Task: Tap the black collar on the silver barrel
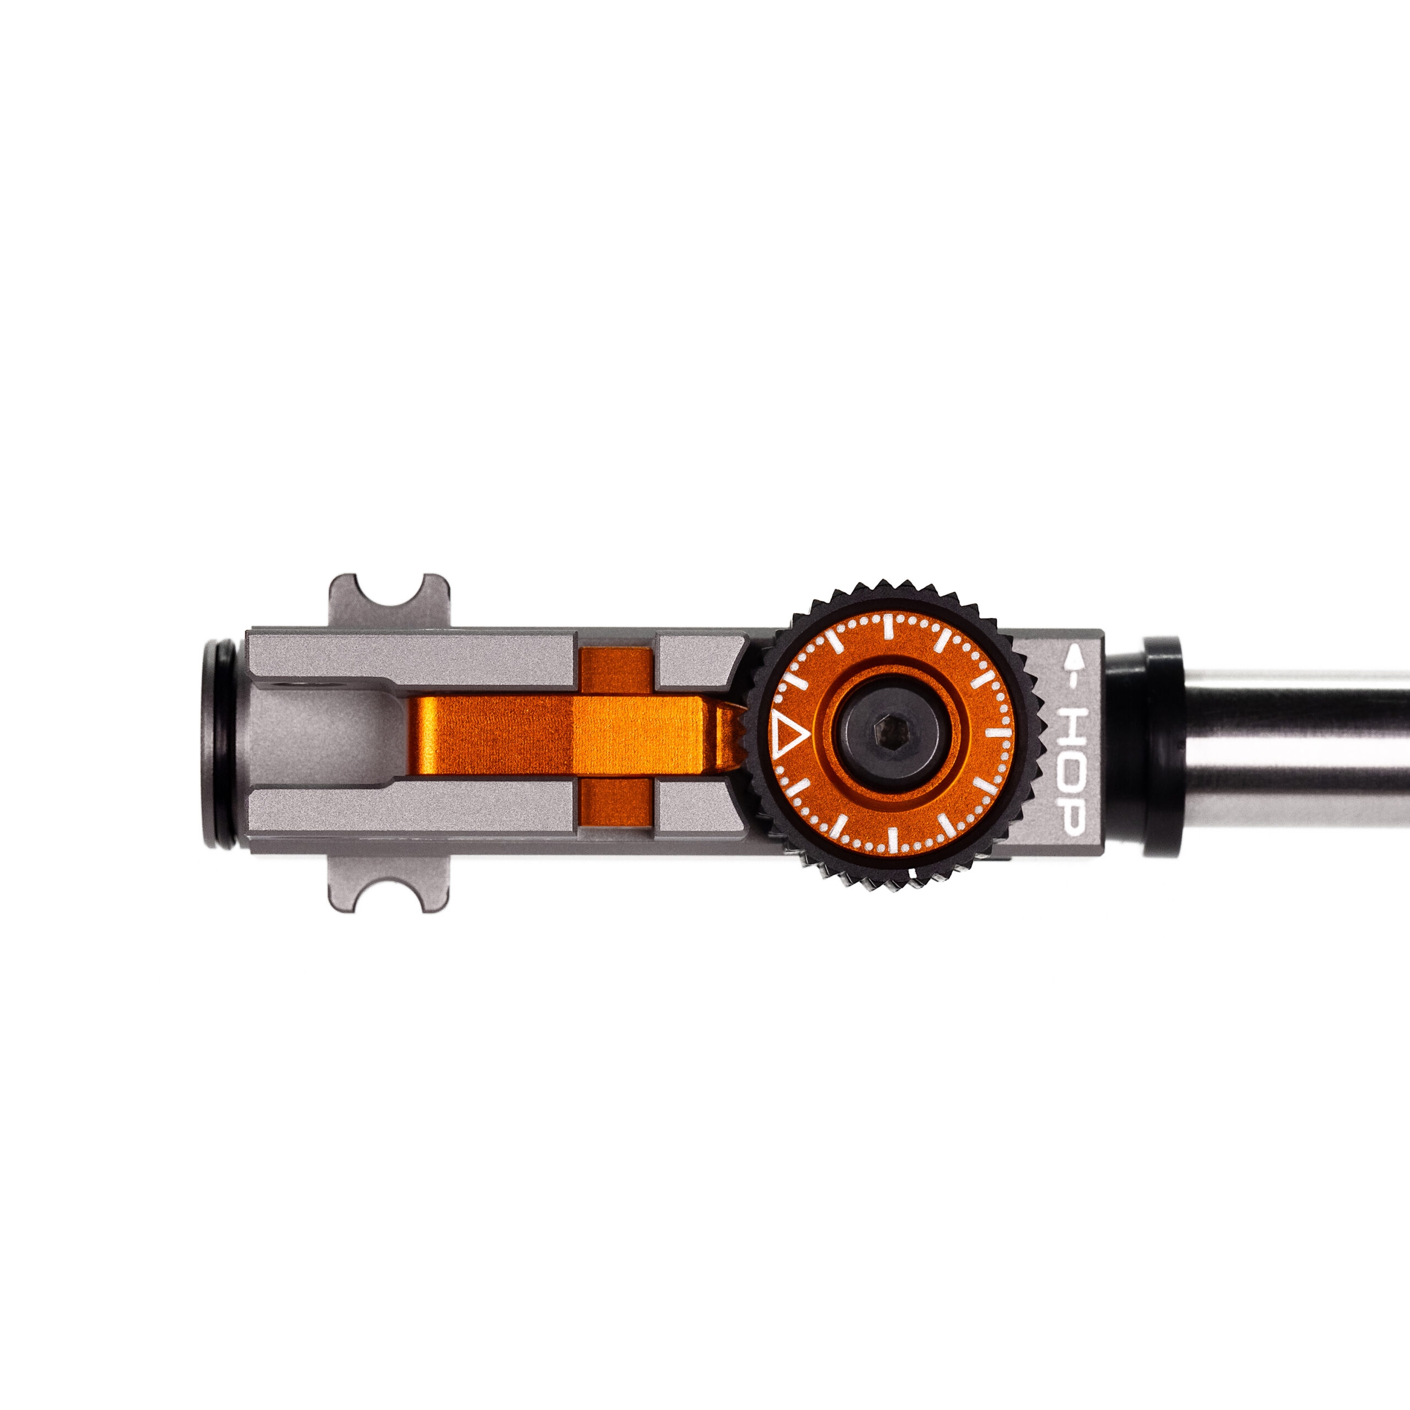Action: (x=1161, y=746)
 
